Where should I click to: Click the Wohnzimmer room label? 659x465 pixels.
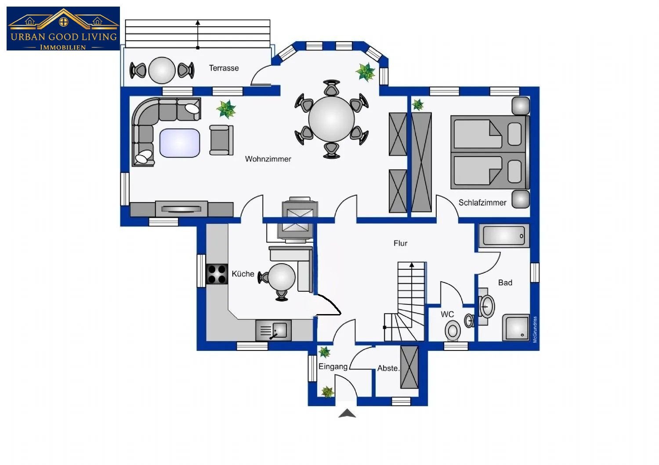coord(268,159)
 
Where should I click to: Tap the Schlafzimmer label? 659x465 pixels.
coord(482,202)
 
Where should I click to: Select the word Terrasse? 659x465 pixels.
coord(224,68)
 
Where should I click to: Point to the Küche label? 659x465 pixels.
coord(243,274)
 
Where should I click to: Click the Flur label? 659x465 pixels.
coord(400,243)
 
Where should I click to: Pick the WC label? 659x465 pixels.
coord(447,314)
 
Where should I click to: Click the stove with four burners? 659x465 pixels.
coord(217,274)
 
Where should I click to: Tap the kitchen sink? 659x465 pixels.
coord(273,330)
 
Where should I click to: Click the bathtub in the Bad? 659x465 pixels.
coord(504,236)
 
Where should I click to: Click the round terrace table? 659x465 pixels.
coord(162,71)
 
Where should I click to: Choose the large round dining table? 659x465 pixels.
coord(331,119)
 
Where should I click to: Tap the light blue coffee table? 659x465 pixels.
coord(180,143)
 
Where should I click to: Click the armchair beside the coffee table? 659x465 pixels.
coord(221,140)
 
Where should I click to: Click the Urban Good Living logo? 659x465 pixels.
coord(63,29)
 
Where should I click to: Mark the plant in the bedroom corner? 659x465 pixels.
coord(417,104)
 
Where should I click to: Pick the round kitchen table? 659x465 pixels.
coord(282,277)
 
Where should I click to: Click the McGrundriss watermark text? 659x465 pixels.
coord(535,329)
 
